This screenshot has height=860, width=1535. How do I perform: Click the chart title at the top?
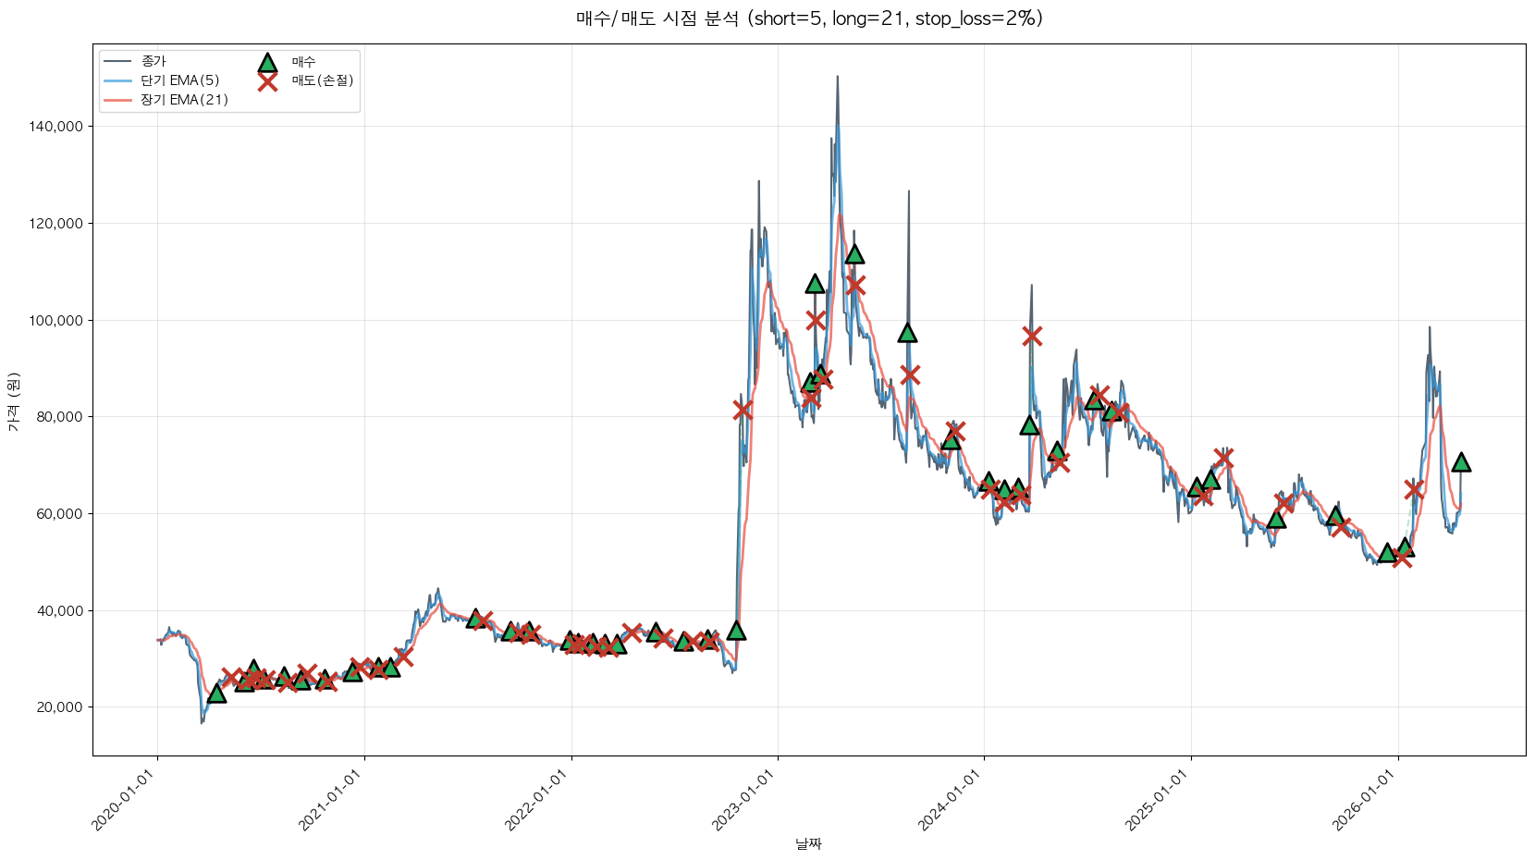pos(809,18)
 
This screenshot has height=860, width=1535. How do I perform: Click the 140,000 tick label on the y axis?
pos(57,127)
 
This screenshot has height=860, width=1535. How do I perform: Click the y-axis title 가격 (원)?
pos(13,401)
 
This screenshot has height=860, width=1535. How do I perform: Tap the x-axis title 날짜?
pos(808,843)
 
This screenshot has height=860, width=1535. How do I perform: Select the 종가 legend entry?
pos(153,61)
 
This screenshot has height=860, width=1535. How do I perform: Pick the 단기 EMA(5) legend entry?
pos(179,80)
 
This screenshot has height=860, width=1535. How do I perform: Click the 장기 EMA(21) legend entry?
pos(184,100)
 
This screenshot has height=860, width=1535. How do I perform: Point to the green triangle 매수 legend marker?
pos(267,63)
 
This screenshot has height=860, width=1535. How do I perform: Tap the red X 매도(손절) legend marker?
pos(267,81)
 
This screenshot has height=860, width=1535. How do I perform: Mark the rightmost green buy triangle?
pos(1461,462)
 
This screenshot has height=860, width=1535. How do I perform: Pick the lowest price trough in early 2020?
pos(202,722)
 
